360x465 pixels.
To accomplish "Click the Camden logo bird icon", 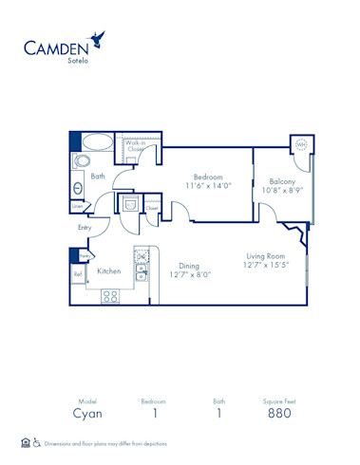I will pos(96,39).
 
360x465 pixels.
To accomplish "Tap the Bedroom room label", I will pos(208,177).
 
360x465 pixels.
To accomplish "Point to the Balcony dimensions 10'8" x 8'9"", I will pos(282,191).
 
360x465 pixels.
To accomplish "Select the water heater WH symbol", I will pos(302,145).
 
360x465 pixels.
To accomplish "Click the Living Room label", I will pos(267,255).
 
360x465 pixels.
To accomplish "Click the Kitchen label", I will pos(108,271).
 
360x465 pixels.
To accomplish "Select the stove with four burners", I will pos(110,296).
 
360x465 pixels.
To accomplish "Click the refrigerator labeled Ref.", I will pos(78,275).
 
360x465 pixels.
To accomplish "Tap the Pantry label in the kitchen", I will pos(84,256).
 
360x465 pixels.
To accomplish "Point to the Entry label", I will pos(85,228).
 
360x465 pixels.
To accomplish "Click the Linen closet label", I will pos(76,206).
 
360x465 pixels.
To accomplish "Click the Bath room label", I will pos(98,176).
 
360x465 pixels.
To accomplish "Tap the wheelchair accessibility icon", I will pos(37,442).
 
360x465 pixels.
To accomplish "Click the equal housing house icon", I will pos(25,442).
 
